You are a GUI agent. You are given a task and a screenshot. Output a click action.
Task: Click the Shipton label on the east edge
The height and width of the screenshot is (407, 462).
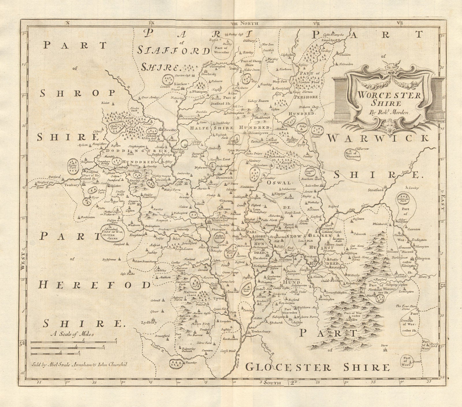click(424, 258)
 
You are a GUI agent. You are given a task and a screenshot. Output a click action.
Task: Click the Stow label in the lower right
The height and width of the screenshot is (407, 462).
click(384, 345)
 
